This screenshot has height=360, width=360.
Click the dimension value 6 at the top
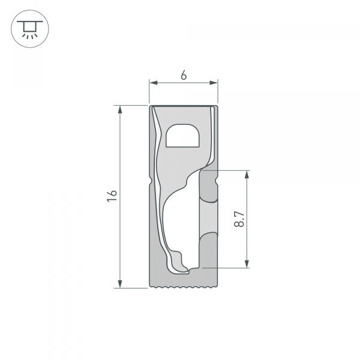(183, 76)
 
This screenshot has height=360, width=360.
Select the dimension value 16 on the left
(112, 196)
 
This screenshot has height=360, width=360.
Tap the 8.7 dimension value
(239, 219)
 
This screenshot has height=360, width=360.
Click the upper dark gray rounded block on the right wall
(208, 188)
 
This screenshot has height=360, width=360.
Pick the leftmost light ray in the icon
(22, 35)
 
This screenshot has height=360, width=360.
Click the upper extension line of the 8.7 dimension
(231, 170)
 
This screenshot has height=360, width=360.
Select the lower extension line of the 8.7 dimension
(231, 267)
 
